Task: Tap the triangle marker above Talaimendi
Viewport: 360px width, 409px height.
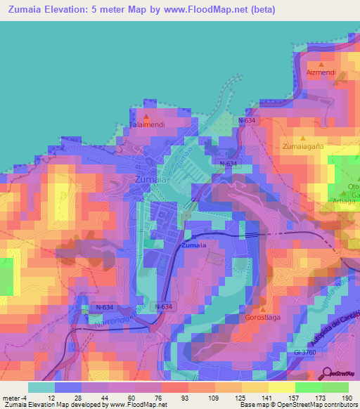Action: tap(146, 117)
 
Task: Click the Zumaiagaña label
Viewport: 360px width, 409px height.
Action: tap(303, 147)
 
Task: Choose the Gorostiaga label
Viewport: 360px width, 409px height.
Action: tap(263, 318)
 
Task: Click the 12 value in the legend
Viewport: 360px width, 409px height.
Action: tap(51, 397)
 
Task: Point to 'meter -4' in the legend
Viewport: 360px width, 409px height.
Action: tap(13, 397)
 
